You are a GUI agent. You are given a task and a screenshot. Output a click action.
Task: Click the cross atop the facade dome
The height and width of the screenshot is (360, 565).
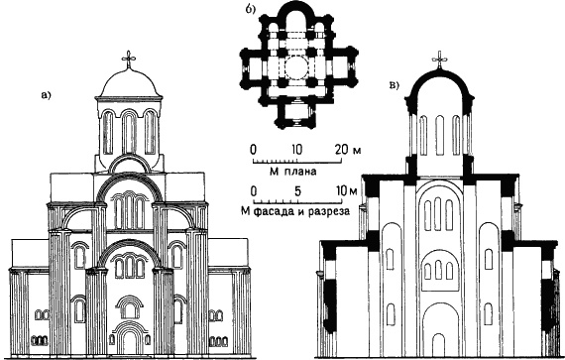click(x=129, y=60)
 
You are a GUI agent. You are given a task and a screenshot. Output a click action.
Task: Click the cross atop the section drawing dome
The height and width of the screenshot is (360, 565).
click(x=439, y=60)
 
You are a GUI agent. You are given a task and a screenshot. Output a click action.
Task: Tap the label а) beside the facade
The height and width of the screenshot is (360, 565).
click(x=47, y=95)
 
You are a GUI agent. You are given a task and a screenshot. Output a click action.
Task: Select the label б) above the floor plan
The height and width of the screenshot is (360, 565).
click(x=250, y=10)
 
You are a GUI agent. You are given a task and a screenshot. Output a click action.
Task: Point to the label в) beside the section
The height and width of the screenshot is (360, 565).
click(x=395, y=85)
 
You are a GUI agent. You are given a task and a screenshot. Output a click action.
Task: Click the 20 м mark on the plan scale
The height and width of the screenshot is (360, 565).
click(x=348, y=149)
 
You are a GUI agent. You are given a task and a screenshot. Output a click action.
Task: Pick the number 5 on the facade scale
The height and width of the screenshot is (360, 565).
click(x=297, y=191)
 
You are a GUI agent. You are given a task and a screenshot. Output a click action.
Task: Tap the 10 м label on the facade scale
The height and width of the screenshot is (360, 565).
click(x=346, y=191)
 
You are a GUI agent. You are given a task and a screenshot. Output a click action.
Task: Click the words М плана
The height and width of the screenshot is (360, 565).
click(x=292, y=172)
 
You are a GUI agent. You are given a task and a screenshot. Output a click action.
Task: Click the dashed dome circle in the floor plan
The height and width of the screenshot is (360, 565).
click(x=298, y=67)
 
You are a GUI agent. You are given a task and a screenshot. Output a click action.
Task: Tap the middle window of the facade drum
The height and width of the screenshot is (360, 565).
click(x=129, y=132)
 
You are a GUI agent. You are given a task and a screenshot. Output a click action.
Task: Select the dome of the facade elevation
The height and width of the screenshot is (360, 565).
click(x=129, y=83)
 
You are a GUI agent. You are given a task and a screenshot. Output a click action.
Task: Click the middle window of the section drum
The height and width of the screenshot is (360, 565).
click(x=439, y=135)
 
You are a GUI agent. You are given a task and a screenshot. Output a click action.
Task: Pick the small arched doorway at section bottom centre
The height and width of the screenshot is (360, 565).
click(x=438, y=345)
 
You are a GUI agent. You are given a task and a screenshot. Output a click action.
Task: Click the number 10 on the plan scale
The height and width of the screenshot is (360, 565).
click(x=297, y=149)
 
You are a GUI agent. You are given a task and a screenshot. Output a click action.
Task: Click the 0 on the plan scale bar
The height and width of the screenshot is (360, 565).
click(x=254, y=149)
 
